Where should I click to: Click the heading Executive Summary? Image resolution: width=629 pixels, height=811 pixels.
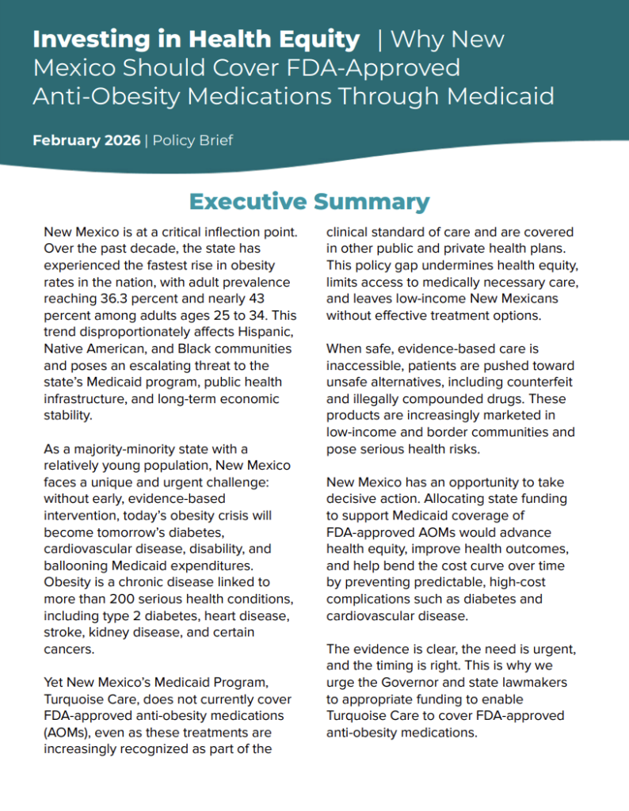309,201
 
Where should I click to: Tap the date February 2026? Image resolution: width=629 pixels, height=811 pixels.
86,141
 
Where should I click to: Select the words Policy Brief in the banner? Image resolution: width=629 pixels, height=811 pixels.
193,141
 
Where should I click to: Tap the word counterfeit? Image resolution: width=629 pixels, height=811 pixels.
536,382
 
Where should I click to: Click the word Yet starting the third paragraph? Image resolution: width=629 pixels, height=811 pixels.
55,682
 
